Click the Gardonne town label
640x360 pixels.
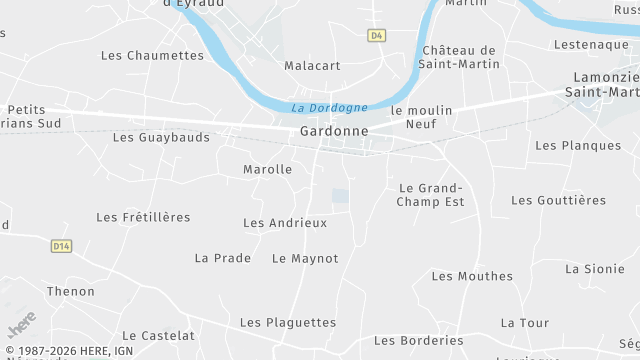[333, 131]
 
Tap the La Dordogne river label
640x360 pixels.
[329, 108]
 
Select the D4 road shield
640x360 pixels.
[376, 35]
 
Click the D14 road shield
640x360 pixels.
[62, 246]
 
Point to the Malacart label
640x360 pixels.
[312, 66]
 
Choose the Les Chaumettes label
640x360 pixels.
[152, 55]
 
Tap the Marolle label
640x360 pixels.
[267, 169]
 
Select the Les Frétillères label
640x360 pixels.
[143, 217]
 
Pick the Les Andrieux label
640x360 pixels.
[285, 222]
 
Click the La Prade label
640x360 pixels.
[223, 258]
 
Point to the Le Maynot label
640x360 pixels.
[305, 258]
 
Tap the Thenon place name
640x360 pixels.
[71, 291]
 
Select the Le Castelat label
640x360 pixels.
[158, 335]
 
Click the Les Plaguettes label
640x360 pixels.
[288, 322]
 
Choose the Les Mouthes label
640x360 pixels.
[472, 276]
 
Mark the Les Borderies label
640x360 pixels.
[419, 340]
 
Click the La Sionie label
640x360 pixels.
[595, 268]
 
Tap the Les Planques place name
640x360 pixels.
[578, 145]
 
